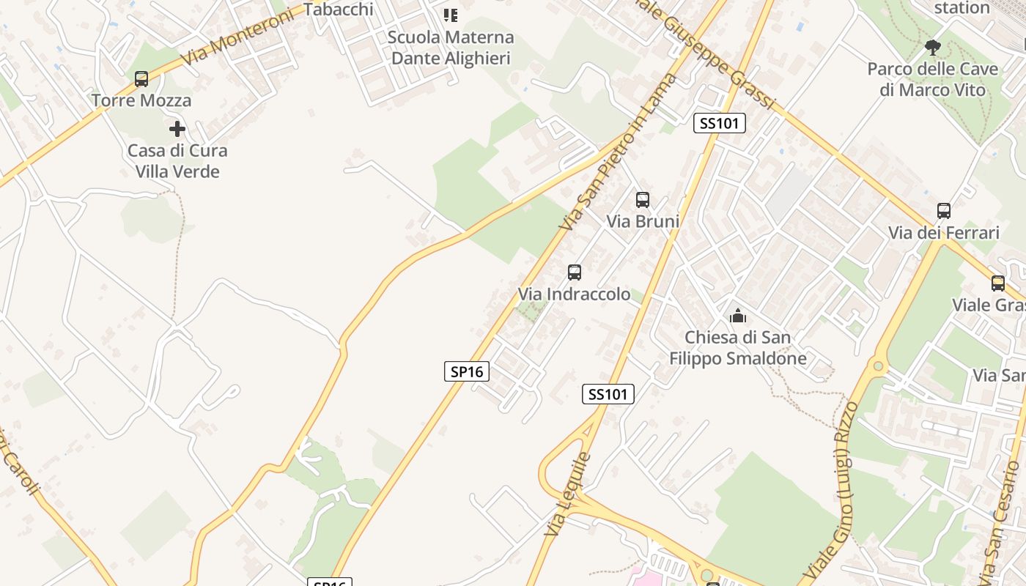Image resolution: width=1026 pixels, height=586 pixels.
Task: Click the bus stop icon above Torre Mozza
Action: (141, 79)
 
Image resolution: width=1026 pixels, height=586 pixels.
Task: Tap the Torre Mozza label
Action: (141, 100)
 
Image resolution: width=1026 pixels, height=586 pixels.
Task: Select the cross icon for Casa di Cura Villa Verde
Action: (177, 129)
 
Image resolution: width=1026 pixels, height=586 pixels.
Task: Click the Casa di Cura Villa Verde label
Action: (177, 161)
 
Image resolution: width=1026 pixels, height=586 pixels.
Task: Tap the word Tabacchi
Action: (338, 10)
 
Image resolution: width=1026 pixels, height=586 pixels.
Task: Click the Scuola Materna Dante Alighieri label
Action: (451, 48)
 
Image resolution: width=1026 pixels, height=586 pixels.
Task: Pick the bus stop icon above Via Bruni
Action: (643, 199)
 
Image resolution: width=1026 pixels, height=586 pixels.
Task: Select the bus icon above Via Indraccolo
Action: (575, 272)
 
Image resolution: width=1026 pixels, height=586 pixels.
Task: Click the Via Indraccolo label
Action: (574, 294)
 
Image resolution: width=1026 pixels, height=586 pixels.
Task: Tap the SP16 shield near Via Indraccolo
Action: (467, 371)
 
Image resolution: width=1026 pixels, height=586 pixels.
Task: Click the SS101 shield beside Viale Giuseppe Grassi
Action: (720, 123)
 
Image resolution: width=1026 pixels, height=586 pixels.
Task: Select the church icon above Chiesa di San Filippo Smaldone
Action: (737, 316)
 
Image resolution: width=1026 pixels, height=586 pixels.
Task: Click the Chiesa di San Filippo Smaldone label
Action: (737, 348)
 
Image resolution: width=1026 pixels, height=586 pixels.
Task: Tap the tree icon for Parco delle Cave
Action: (933, 48)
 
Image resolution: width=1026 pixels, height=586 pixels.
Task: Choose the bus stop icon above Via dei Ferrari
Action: (944, 211)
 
